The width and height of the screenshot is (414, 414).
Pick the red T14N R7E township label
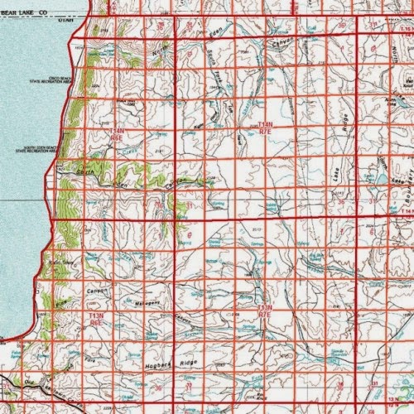coord(265,127)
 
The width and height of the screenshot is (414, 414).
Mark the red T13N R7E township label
coord(264,310)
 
